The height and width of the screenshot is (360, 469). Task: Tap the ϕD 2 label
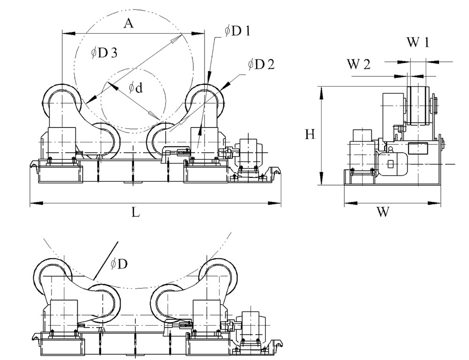(261, 64)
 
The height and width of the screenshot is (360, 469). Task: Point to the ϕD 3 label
(104, 53)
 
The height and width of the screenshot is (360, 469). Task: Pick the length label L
(135, 212)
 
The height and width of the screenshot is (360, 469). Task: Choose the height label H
(310, 135)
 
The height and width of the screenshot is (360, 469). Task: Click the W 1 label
(417, 43)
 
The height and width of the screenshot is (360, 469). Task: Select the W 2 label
(359, 65)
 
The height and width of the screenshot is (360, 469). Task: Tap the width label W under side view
(383, 212)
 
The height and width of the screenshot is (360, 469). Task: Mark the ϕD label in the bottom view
(119, 264)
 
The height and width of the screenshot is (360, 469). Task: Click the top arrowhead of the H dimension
(321, 91)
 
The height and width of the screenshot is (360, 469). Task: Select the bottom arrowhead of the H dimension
(321, 180)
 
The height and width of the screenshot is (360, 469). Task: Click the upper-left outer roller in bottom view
(53, 274)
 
